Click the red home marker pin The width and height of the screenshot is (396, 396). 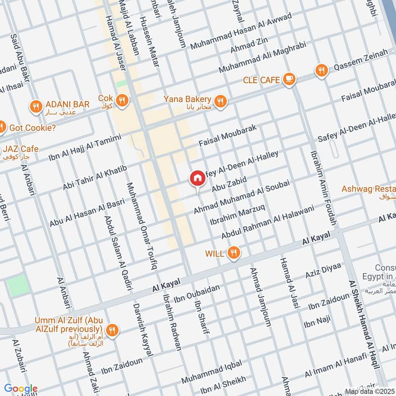pyautogui.click(x=197, y=179)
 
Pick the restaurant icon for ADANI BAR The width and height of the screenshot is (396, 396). pyautogui.click(x=35, y=106)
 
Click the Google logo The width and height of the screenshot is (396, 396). pyautogui.click(x=21, y=389)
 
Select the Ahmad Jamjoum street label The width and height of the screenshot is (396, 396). pyautogui.click(x=261, y=297)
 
